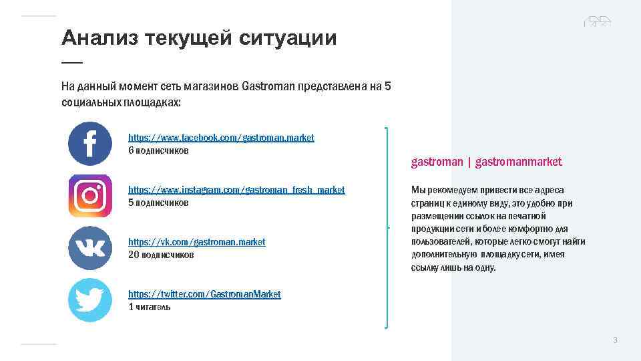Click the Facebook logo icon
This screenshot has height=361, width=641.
(x=90, y=144)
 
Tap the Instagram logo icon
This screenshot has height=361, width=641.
(x=90, y=196)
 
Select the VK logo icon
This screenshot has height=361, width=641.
(x=90, y=248)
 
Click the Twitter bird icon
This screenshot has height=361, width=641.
(x=90, y=300)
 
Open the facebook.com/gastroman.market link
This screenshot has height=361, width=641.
(x=221, y=138)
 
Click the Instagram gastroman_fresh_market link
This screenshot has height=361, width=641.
(x=236, y=190)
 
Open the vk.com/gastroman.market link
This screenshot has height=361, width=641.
(x=196, y=242)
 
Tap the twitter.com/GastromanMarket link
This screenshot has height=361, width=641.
(x=204, y=294)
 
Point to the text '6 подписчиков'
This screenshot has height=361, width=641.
(x=158, y=150)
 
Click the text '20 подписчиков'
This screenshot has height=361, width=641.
(x=161, y=255)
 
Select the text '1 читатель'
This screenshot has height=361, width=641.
(x=150, y=307)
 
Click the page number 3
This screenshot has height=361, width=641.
(x=615, y=340)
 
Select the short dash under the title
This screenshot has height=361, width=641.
(x=72, y=62)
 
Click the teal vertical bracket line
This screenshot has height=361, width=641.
(x=387, y=227)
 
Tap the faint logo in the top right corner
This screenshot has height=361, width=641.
(x=597, y=22)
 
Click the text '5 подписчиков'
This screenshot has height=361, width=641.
(x=158, y=203)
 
